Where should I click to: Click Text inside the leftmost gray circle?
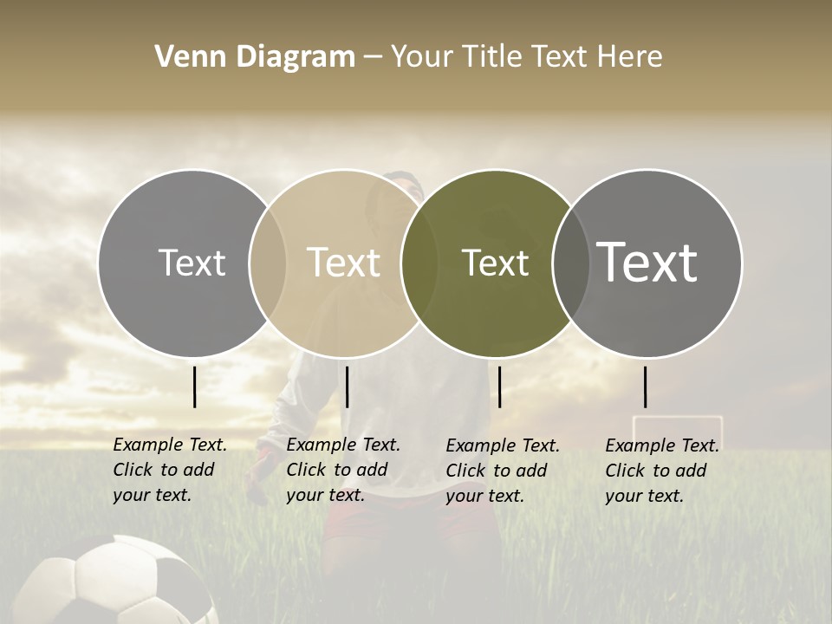point(192,263)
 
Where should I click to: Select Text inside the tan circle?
point(343,263)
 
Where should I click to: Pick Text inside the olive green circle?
point(495,263)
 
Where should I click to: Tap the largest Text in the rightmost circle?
point(647,263)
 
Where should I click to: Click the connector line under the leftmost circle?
point(195,387)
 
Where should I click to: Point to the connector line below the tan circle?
point(347,387)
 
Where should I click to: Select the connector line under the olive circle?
point(500,387)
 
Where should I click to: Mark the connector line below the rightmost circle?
point(646,387)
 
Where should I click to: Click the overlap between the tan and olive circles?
point(419,263)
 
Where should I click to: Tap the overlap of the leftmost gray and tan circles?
point(268,263)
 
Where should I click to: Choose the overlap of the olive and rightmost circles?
point(569,263)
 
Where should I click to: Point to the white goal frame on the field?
point(677,428)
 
